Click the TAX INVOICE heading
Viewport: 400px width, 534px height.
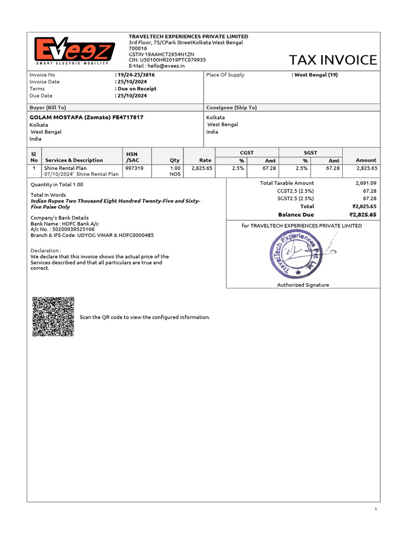coord(333,60)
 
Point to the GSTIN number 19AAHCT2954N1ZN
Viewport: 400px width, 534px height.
coord(161,54)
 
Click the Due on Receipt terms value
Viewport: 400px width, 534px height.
coord(136,89)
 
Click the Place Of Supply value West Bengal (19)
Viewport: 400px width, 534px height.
coord(316,75)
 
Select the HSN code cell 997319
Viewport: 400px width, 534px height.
coord(134,168)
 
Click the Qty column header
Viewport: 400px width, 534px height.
coord(174,160)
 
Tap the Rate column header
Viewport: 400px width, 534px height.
coord(205,160)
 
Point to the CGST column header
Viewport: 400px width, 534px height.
coord(246,152)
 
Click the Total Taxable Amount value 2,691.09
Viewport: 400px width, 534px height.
coord(366,183)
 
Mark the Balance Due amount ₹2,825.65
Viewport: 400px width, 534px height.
coord(362,214)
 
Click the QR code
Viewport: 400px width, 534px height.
coord(53,317)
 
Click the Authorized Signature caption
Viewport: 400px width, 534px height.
coord(303,285)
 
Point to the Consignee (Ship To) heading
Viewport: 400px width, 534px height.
coord(231,107)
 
